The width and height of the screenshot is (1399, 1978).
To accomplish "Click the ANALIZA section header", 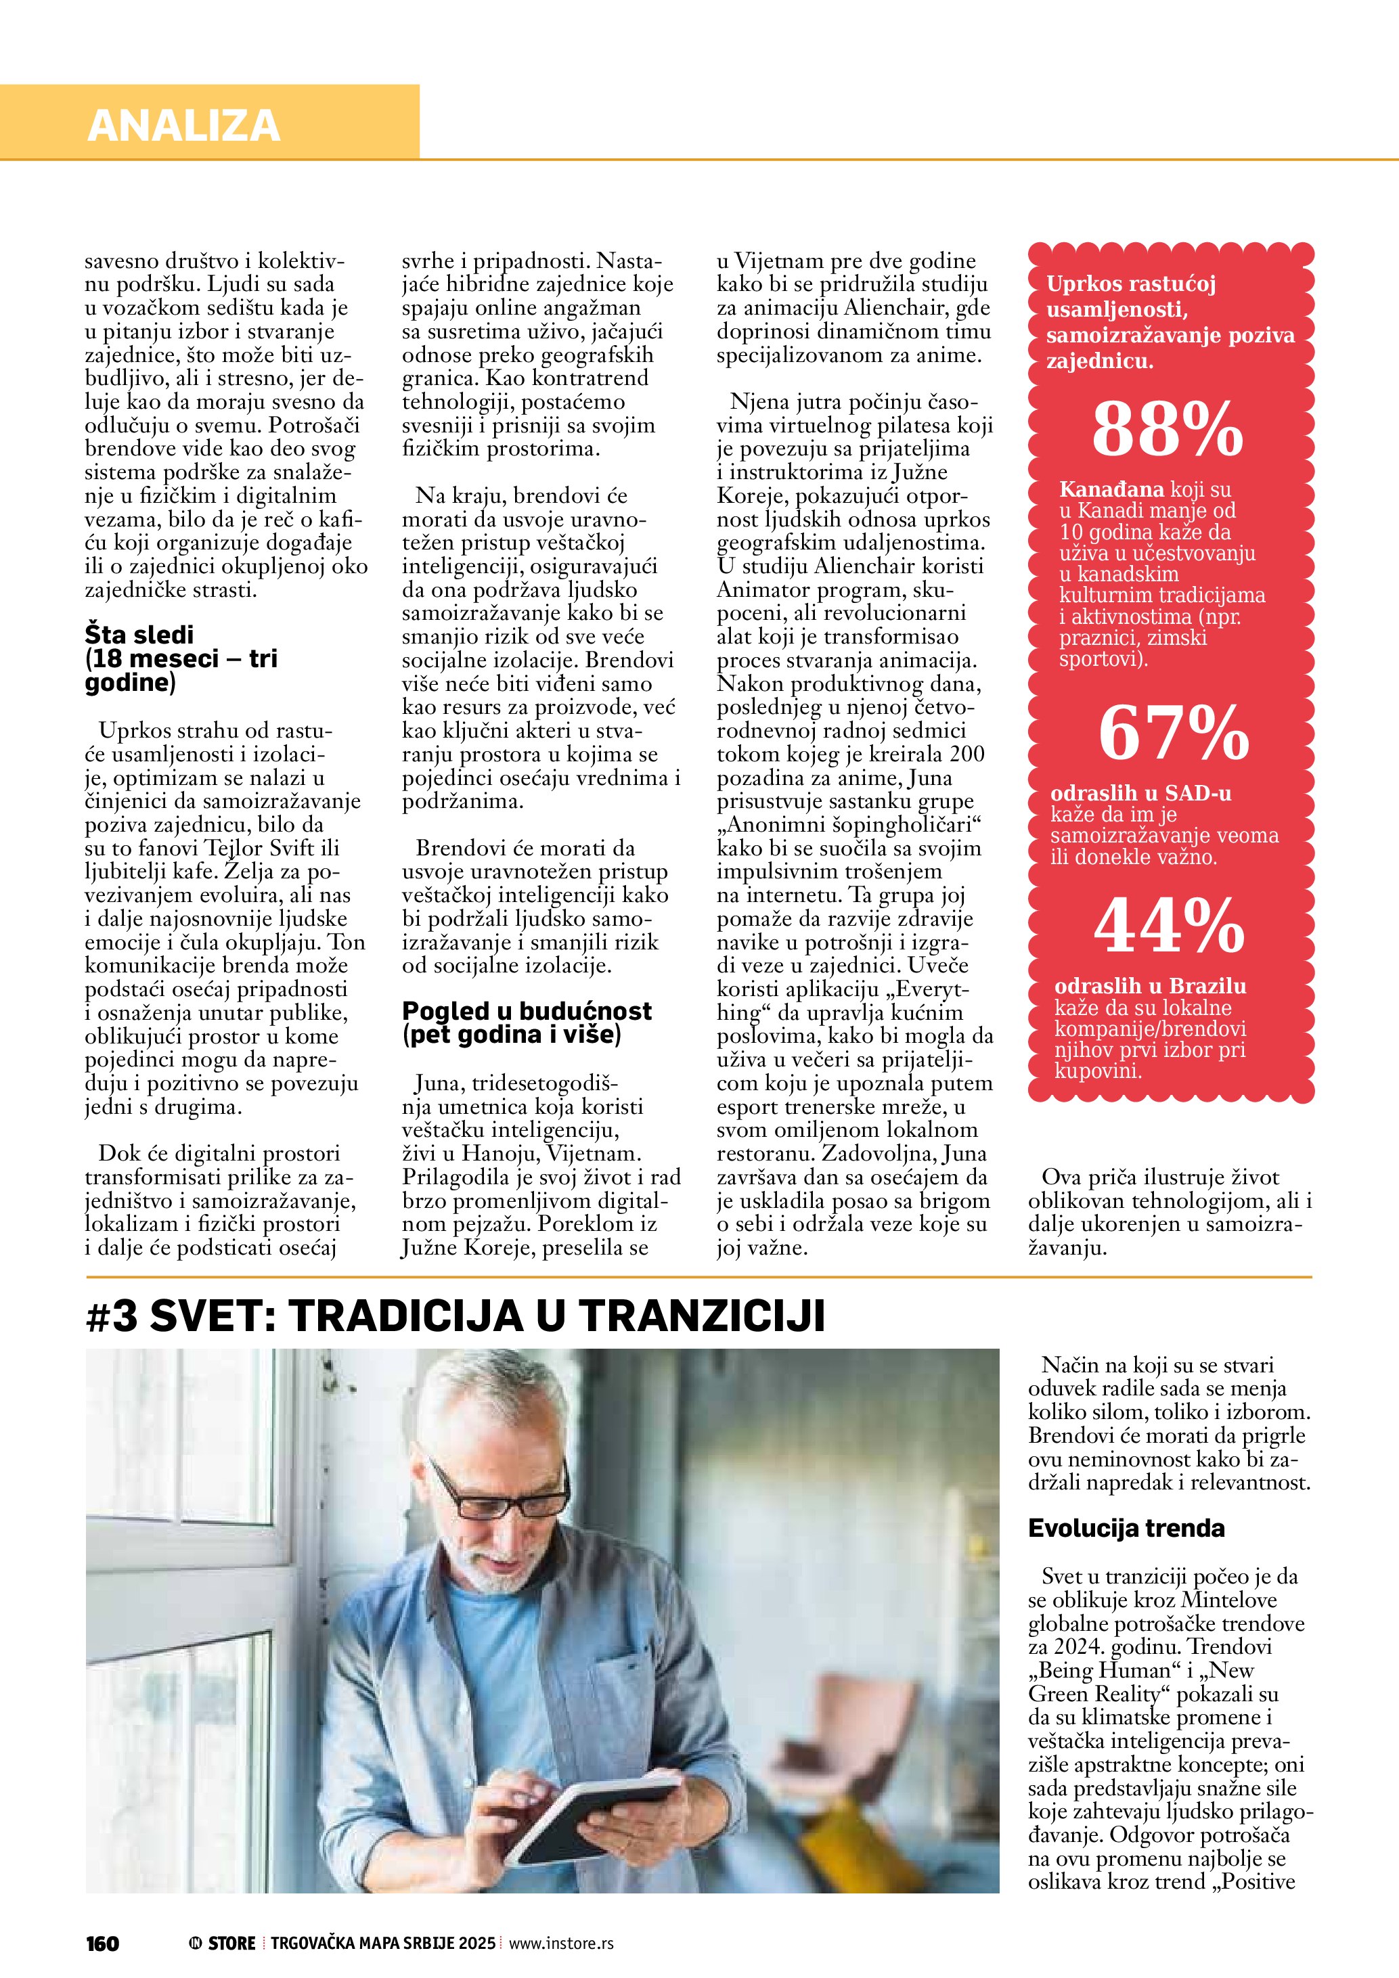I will (x=183, y=125).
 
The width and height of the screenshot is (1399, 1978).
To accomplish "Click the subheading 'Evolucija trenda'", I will (x=1126, y=1528).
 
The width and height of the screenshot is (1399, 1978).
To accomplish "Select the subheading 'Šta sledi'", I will (x=139, y=635).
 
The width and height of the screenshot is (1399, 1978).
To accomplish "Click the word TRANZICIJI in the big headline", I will (x=701, y=1316).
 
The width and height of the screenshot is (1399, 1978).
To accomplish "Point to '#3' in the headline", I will (x=112, y=1316).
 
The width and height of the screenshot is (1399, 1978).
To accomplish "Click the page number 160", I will (x=102, y=1943).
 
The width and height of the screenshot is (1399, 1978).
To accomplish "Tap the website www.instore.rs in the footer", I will (x=561, y=1943).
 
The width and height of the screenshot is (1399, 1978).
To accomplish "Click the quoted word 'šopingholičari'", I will (x=900, y=824).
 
